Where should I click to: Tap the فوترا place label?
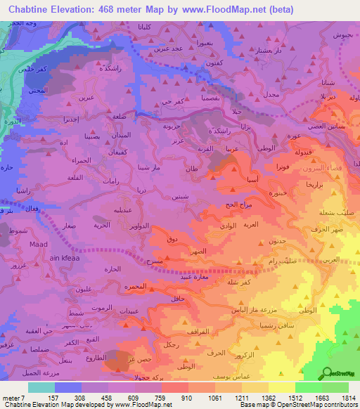(x=283, y=167)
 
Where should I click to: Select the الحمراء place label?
(x=79, y=162)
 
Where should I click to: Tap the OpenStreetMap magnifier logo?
(x=328, y=373)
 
